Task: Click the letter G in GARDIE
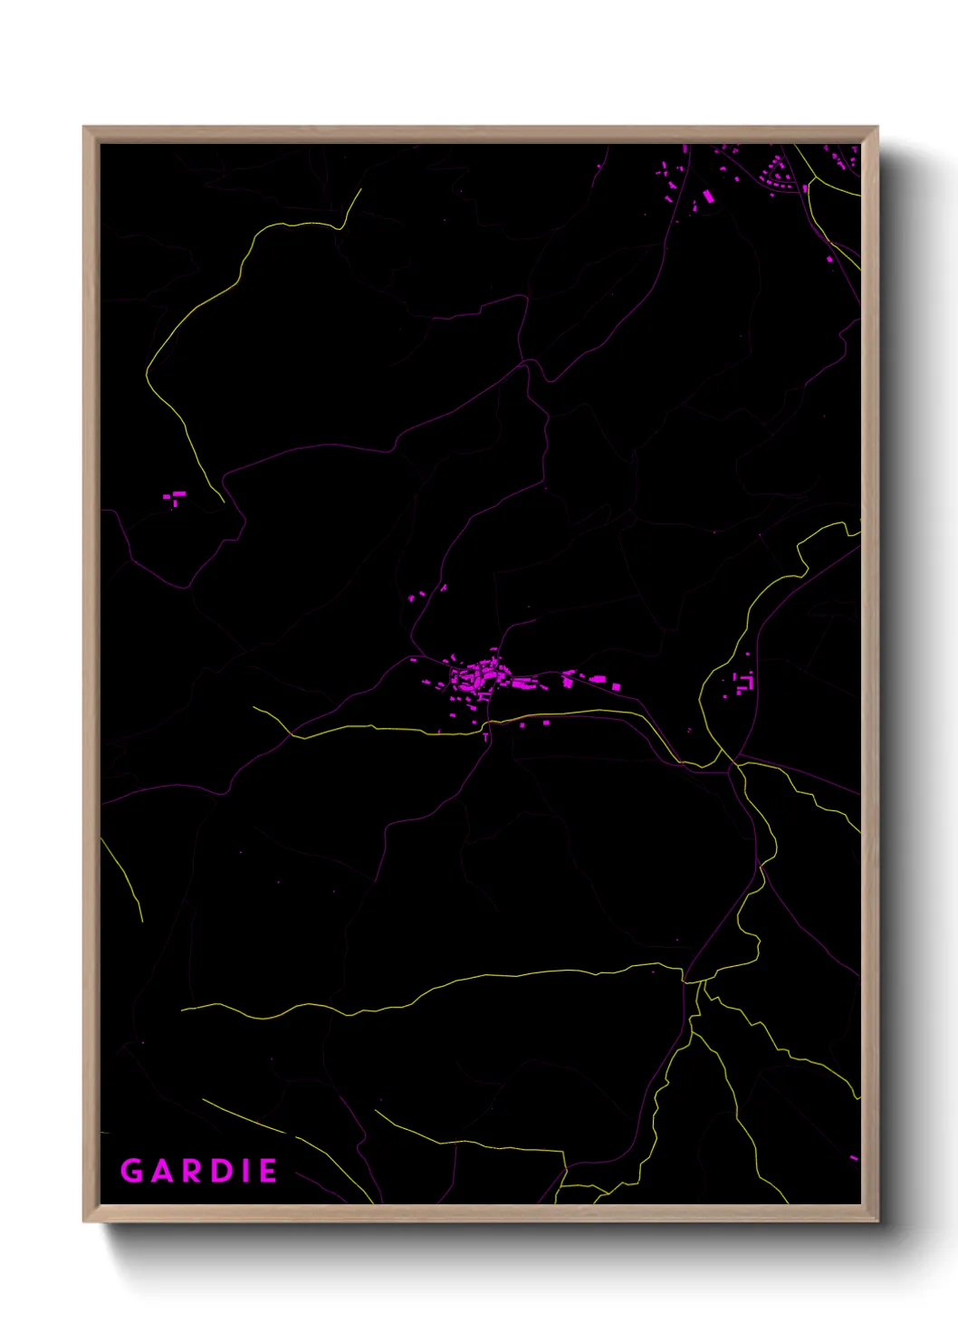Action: click(x=132, y=1171)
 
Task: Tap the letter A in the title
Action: click(x=162, y=1171)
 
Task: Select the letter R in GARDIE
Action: click(x=192, y=1171)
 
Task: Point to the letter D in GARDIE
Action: click(x=222, y=1171)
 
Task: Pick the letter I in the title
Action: click(x=244, y=1171)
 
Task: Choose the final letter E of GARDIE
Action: click(x=268, y=1171)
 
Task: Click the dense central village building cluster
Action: click(x=480, y=677)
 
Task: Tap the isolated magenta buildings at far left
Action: click(x=174, y=497)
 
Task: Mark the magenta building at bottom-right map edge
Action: click(x=853, y=1157)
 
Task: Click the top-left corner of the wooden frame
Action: click(x=84, y=128)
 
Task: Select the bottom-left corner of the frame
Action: click(x=84, y=1220)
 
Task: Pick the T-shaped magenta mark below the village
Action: click(x=486, y=736)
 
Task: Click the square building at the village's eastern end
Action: click(x=616, y=687)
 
